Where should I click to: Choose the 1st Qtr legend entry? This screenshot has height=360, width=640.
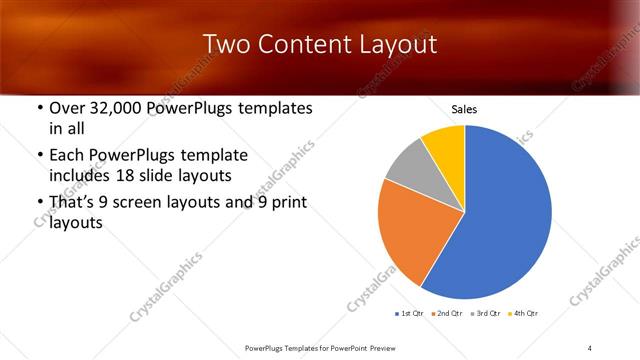point(410,315)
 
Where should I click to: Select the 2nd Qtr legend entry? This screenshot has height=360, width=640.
point(447,315)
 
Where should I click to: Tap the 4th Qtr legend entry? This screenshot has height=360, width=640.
point(524,315)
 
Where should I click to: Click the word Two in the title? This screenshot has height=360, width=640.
point(226,45)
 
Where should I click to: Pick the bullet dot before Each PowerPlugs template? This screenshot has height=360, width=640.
point(39,156)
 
